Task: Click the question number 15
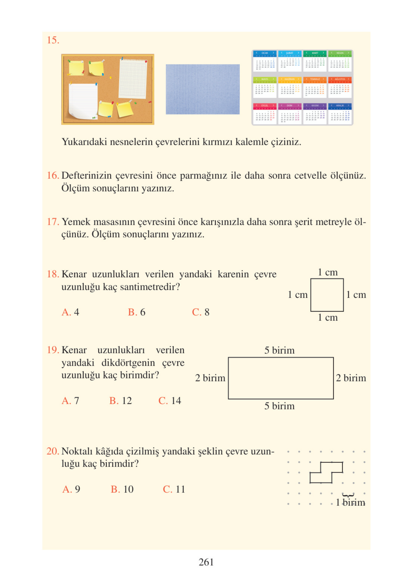coord(53,40)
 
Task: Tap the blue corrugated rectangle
coord(202,89)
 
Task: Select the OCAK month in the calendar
coord(264,61)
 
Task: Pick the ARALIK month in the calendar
coord(340,114)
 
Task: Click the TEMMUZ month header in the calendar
coord(315,79)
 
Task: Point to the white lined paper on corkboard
coord(83,101)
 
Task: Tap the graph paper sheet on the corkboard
coord(133,79)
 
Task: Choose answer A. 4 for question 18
coord(70,312)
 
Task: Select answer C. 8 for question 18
coord(201,312)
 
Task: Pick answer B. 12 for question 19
coord(120,401)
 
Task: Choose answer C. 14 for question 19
coord(170,401)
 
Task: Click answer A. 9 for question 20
coord(71,489)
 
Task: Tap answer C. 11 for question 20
coord(174,489)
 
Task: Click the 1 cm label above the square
coord(328,273)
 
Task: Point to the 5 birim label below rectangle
coord(279,406)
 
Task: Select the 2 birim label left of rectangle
coord(210,378)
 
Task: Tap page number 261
coord(206,562)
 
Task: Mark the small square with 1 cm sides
coord(327,295)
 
